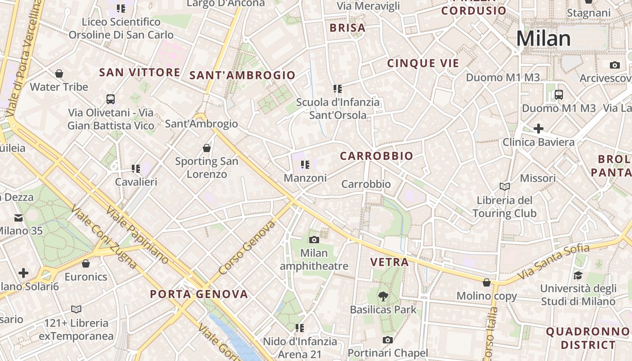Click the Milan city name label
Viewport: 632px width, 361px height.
pyautogui.click(x=544, y=39)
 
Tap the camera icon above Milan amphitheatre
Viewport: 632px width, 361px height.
pyautogui.click(x=314, y=240)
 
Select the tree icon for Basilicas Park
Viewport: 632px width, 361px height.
pyautogui.click(x=383, y=296)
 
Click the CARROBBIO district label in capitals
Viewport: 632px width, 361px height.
pyautogui.click(x=376, y=156)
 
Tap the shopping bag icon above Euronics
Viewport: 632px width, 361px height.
pyautogui.click(x=86, y=264)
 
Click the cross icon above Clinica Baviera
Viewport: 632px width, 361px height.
pyautogui.click(x=538, y=129)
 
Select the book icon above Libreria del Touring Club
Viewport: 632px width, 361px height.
pyautogui.click(x=504, y=186)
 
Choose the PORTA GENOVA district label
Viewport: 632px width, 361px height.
pyautogui.click(x=199, y=295)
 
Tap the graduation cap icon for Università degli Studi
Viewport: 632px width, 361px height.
pyautogui.click(x=578, y=275)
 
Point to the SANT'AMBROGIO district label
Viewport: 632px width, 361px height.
pyautogui.click(x=242, y=75)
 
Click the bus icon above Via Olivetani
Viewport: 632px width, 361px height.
pyautogui.click(x=111, y=99)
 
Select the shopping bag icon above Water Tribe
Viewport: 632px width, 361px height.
pyautogui.click(x=59, y=74)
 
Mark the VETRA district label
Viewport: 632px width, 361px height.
pyautogui.click(x=389, y=262)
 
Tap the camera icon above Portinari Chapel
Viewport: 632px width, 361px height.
pyautogui.click(x=387, y=340)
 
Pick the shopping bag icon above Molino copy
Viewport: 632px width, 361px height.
pyautogui.click(x=487, y=283)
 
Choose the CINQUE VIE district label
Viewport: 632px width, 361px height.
pyautogui.click(x=423, y=64)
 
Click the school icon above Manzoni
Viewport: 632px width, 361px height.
pyautogui.click(x=305, y=165)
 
